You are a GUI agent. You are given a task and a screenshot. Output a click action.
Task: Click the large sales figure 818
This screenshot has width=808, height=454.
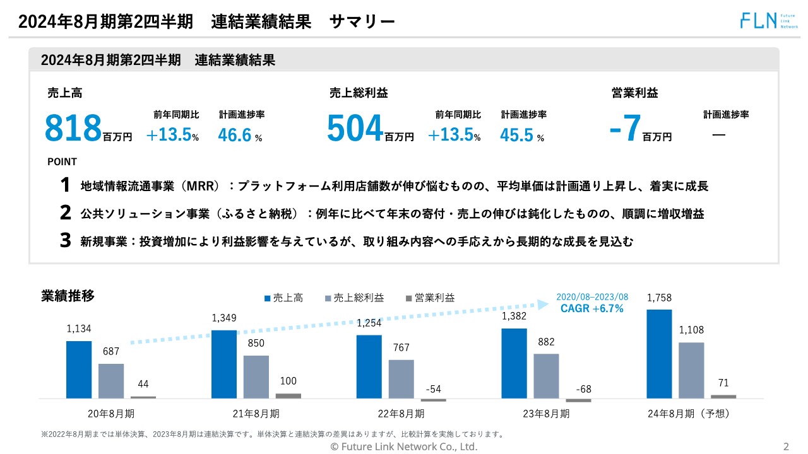point(73,128)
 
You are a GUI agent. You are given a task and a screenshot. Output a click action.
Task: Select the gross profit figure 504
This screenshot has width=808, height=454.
point(355,128)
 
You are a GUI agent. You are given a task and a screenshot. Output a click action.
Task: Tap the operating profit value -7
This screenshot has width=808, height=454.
point(626,128)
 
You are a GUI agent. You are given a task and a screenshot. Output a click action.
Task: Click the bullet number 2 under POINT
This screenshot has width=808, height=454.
point(66,213)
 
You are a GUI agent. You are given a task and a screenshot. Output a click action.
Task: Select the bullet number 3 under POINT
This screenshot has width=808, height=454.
point(66,241)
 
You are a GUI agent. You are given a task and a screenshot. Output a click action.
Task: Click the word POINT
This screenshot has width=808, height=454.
point(62,162)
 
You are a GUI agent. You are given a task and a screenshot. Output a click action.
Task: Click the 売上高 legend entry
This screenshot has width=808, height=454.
point(283,298)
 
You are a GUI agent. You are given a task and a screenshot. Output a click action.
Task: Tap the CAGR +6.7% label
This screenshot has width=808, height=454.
point(591,308)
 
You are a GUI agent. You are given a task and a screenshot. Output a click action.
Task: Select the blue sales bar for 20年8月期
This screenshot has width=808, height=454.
point(79,370)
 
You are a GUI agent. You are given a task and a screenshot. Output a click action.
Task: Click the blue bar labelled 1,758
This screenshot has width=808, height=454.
point(660,354)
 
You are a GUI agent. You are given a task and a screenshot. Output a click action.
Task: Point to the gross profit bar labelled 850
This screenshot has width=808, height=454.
point(256,376)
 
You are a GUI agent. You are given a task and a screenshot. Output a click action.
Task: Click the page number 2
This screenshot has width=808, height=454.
point(786,447)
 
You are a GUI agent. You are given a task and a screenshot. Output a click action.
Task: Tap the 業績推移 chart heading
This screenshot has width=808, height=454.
point(68,296)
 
